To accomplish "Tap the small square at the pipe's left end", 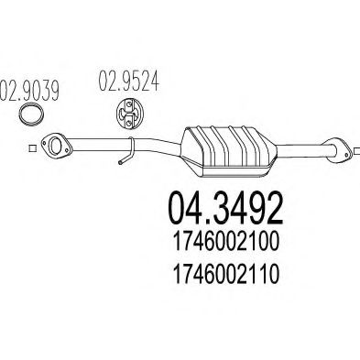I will (29, 146).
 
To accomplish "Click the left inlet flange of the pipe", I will (60, 143).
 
